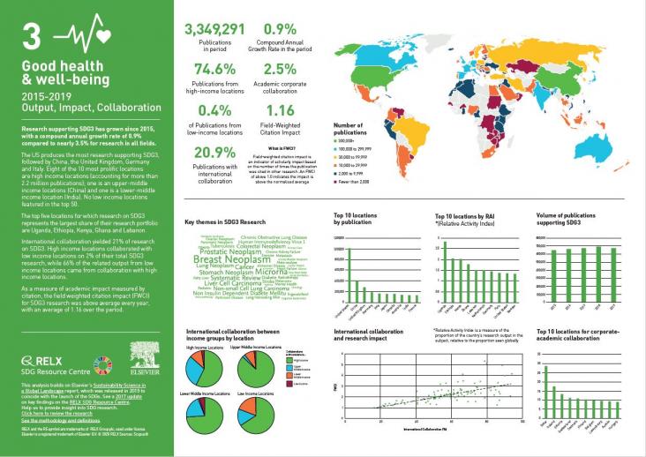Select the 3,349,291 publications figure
215,30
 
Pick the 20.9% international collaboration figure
214,152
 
